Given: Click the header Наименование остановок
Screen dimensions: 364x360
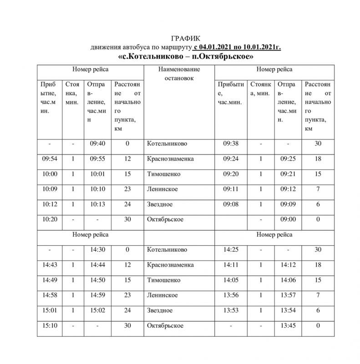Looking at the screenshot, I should pos(179,74).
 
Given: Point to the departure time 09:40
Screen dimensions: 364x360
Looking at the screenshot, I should pos(97,144).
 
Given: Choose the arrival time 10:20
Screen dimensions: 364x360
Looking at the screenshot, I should pos(50,219).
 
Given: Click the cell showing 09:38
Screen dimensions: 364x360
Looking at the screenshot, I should pos(231,144).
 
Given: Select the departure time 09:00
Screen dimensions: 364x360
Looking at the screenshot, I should pos(288,219).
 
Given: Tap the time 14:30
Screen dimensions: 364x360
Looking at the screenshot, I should pos(97,250).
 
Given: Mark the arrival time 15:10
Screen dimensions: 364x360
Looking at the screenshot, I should pos(50,326).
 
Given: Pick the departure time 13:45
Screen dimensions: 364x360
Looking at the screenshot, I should pos(288,326).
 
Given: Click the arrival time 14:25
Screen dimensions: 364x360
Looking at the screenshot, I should pos(231,250).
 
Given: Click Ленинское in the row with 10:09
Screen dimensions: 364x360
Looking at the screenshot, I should pos(162,189).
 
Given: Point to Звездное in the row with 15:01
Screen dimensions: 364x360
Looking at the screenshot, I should pos(160,310).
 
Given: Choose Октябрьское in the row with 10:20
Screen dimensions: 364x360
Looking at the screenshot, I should pos(165,219).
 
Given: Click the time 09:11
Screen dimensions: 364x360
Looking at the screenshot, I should pos(231,189).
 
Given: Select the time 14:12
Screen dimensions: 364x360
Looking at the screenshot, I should pos(288,265).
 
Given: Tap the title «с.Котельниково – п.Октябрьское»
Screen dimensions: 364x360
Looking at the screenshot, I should pos(186,57).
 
